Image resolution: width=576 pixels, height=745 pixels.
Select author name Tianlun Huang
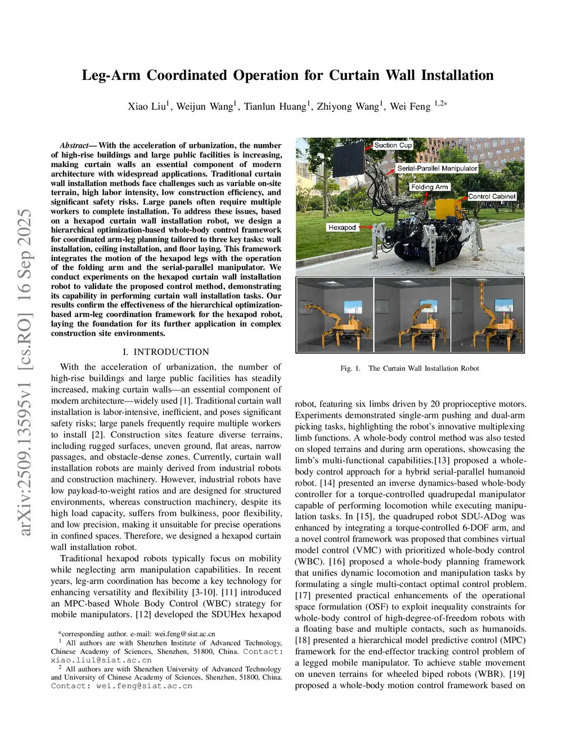[x=275, y=106]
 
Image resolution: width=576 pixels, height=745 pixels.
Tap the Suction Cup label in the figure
[x=393, y=145]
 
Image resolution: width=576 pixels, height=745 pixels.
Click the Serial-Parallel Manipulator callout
[x=437, y=168]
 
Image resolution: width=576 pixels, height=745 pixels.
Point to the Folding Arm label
[x=430, y=187]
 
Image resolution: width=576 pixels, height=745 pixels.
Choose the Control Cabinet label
[x=492, y=196]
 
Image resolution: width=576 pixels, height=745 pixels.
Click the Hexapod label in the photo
[x=342, y=227]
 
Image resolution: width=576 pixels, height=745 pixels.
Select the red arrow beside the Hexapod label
[x=366, y=227]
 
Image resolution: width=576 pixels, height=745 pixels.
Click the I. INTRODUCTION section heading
[x=166, y=352]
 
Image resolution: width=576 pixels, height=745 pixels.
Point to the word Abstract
[x=74, y=146]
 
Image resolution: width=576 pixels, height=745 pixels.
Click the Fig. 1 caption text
[x=409, y=368]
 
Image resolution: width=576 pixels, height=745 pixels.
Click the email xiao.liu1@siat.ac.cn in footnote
[x=101, y=660]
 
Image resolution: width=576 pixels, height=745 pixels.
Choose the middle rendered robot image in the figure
[x=412, y=315]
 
